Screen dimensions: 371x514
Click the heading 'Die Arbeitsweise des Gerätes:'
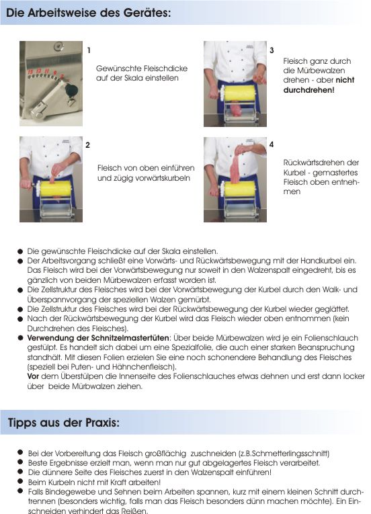point(89,13)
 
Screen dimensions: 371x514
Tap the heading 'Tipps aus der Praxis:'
point(64,422)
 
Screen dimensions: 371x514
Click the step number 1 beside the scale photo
point(89,50)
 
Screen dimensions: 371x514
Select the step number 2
point(87,145)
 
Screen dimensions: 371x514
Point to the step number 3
point(272,50)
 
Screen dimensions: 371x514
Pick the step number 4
point(272,144)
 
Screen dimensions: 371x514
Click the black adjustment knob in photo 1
point(71,90)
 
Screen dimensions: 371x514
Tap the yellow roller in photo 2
point(55,189)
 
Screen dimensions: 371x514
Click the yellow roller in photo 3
point(240,93)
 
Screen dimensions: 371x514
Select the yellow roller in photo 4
point(240,189)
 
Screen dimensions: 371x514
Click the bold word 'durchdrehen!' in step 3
point(308,90)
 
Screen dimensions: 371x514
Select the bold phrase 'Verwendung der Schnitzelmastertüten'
point(98,338)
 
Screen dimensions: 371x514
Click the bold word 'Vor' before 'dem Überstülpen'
point(33,376)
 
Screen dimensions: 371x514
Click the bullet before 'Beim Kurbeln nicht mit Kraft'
point(20,481)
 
